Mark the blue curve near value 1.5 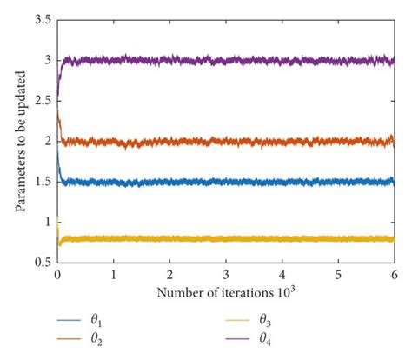click(x=226, y=183)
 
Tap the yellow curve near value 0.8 click(x=226, y=238)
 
